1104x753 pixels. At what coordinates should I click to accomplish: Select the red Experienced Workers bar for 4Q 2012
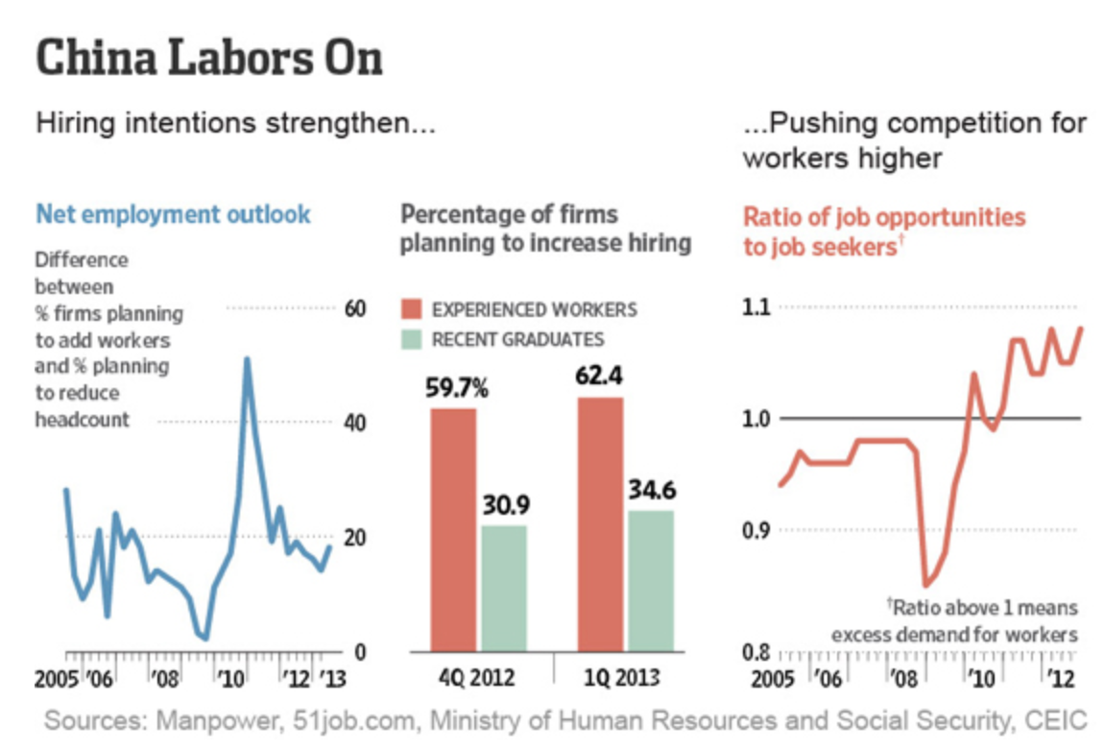click(x=453, y=528)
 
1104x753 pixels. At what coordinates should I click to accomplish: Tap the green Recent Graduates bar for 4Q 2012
click(x=504, y=587)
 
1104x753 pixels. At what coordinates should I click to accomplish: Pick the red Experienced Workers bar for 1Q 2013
click(x=601, y=523)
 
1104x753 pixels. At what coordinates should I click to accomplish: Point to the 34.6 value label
click(x=652, y=491)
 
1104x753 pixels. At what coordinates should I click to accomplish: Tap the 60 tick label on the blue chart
click(x=354, y=308)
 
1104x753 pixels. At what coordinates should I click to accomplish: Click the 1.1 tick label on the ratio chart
click(x=759, y=307)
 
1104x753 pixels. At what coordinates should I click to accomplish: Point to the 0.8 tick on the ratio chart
click(x=759, y=652)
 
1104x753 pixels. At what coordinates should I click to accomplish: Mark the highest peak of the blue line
click(x=247, y=359)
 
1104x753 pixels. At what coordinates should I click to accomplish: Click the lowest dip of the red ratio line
click(x=925, y=584)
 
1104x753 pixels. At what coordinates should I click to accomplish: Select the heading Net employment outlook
click(x=173, y=213)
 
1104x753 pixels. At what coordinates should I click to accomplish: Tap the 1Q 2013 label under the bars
click(x=624, y=678)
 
